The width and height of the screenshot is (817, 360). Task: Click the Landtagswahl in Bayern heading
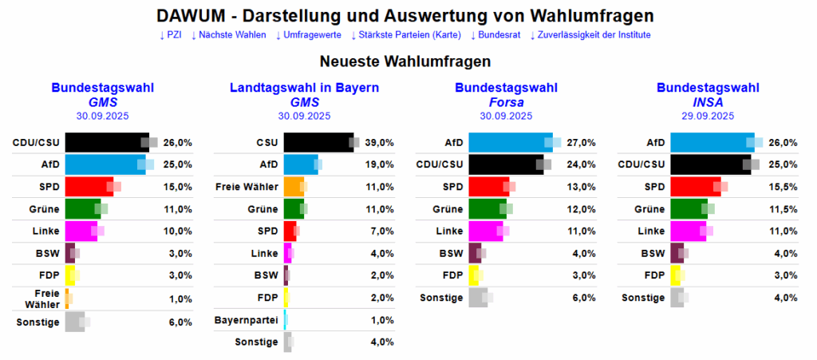pyautogui.click(x=304, y=88)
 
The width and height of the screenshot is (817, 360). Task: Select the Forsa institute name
pyautogui.click(x=506, y=102)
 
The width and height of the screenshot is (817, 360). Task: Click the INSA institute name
pyautogui.click(x=707, y=102)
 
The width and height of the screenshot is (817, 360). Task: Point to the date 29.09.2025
pyautogui.click(x=707, y=116)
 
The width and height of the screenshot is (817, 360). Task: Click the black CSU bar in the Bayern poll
pyautogui.click(x=318, y=142)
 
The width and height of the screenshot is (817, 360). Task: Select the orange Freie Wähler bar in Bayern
pyautogui.click(x=293, y=187)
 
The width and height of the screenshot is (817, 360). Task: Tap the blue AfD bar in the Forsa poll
pyautogui.click(x=509, y=142)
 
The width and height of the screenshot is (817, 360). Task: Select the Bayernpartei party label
pyautogui.click(x=247, y=320)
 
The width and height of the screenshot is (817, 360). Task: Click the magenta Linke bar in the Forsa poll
pyautogui.click(x=485, y=231)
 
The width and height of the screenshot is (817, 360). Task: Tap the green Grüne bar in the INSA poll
pyautogui.click(x=688, y=209)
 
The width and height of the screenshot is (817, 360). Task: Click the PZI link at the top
pyautogui.click(x=172, y=35)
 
